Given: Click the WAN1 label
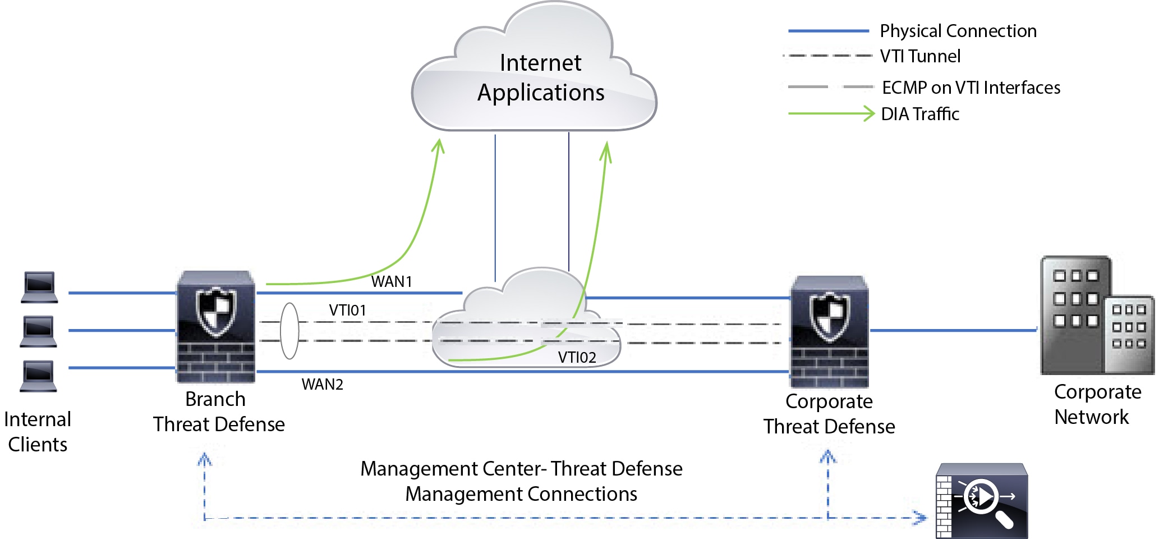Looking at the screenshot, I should point(392,281).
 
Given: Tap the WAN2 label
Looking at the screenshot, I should point(322,385).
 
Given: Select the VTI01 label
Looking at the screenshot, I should point(347,310).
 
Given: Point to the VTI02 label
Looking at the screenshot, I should point(577,358).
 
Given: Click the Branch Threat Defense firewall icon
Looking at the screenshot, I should point(216,327).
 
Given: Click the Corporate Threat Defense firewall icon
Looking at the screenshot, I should point(829,331).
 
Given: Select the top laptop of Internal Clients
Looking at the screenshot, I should point(39,287).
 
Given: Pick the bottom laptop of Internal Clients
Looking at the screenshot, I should point(39,376).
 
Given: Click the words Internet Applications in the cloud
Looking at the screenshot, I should point(540,77).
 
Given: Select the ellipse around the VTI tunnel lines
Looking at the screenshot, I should point(289,331).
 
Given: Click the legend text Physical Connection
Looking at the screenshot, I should point(958,31).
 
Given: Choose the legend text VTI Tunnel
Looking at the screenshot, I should point(920,56).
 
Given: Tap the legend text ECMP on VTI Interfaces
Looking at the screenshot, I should point(971,88).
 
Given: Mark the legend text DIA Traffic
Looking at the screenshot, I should point(920,114).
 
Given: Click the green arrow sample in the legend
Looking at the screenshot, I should point(831,113).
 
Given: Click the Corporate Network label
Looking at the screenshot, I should point(1097,404).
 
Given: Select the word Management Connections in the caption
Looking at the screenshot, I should point(521,494).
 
